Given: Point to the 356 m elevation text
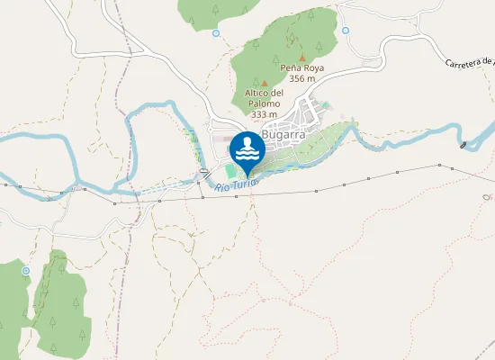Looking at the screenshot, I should [301, 78].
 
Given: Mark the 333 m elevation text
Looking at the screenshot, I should [264, 114].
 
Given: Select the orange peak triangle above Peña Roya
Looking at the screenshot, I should [302, 58].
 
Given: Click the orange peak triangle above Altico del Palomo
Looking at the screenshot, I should [264, 82].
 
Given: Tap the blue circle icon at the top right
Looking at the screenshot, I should [345, 30].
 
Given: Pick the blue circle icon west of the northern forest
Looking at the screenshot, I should [216, 33].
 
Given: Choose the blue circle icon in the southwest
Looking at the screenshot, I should [25, 270].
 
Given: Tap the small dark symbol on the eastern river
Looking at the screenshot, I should [463, 145].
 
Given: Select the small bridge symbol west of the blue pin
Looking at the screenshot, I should [205, 171].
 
